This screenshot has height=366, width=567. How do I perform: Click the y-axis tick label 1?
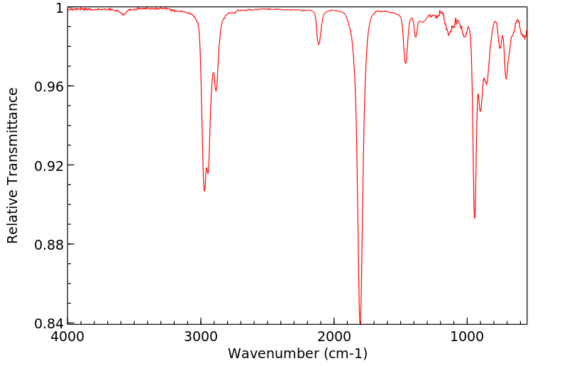pos(60,8)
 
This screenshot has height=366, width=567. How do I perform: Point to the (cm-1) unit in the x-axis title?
pos(345,353)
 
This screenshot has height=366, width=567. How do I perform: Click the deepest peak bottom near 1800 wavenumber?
pos(360,323)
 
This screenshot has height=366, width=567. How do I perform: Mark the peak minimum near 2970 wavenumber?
pos(204,191)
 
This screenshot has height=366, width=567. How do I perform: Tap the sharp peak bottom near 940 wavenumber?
pos(475,218)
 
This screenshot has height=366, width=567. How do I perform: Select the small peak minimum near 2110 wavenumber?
pos(319,44)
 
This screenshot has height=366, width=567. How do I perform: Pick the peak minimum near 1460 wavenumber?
pos(405,63)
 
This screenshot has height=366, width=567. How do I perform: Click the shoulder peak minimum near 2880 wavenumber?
pos(216,91)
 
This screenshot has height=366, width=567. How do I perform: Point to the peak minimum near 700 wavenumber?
pos(506,78)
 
